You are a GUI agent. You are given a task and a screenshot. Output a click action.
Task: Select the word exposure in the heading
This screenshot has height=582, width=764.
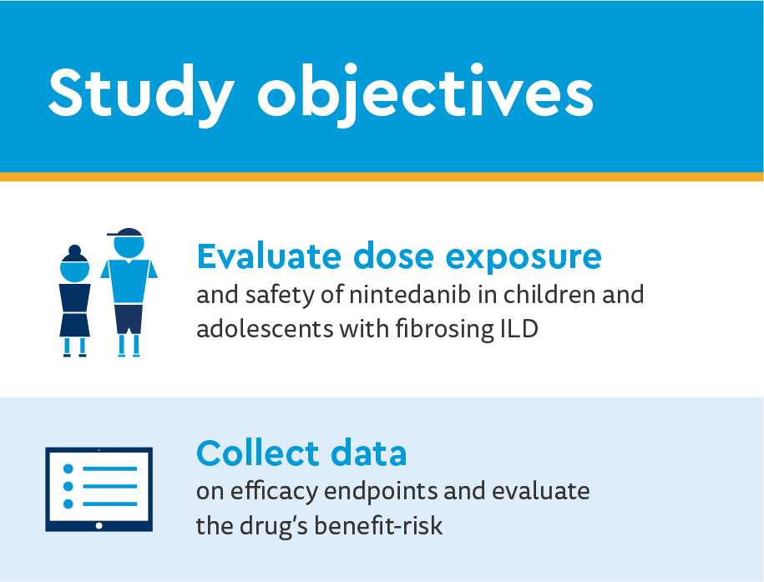click(524, 258)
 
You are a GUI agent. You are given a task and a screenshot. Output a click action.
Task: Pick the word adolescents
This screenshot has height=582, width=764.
click(265, 328)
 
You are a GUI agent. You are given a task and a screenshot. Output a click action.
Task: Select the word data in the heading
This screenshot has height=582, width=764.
click(369, 453)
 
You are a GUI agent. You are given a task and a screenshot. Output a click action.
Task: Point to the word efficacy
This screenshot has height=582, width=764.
click(274, 491)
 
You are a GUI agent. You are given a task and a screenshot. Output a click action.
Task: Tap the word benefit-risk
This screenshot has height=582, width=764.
click(378, 526)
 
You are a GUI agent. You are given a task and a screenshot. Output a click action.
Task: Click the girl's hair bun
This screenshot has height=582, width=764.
click(74, 251)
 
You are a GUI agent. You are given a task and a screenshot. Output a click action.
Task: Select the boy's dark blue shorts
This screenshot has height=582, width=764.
click(129, 319)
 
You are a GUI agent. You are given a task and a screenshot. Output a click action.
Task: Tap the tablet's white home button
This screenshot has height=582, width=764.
click(99, 525)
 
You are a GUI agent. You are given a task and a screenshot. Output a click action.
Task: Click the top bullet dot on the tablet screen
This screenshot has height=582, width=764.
click(68, 468)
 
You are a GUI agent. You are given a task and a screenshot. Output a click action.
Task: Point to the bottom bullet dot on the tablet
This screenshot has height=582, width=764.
click(68, 504)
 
